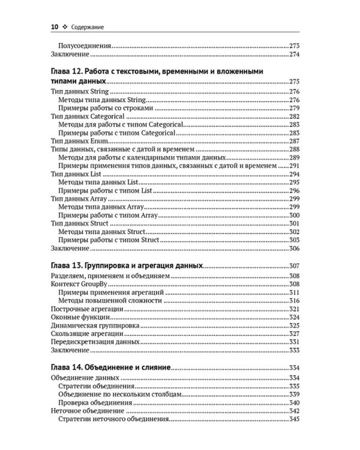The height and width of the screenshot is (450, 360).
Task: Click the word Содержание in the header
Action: tap(89, 26)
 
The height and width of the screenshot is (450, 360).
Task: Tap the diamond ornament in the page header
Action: tap(64, 26)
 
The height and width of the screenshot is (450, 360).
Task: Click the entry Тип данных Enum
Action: tap(79, 140)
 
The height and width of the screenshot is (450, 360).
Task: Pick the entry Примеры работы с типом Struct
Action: tap(108, 239)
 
